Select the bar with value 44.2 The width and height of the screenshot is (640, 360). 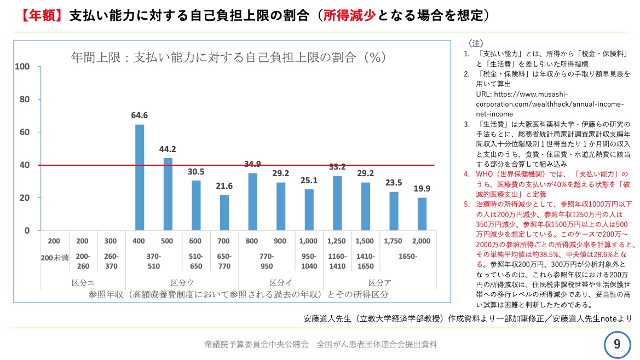(x=168, y=194)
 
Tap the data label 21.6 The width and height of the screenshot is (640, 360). (x=224, y=186)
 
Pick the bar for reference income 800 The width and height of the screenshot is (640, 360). (x=252, y=202)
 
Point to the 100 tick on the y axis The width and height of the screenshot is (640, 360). (x=22, y=67)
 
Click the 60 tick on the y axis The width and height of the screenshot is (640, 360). (x=25, y=132)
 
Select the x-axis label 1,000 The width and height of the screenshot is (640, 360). (x=309, y=241)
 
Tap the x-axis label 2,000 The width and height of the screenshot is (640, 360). (x=422, y=241)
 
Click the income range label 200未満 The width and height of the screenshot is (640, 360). (x=55, y=257)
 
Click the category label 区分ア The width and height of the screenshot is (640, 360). (x=379, y=283)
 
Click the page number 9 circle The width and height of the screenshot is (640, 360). (x=617, y=344)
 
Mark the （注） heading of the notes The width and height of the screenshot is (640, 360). (x=475, y=43)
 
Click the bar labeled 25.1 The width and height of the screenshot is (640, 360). (x=309, y=210)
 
